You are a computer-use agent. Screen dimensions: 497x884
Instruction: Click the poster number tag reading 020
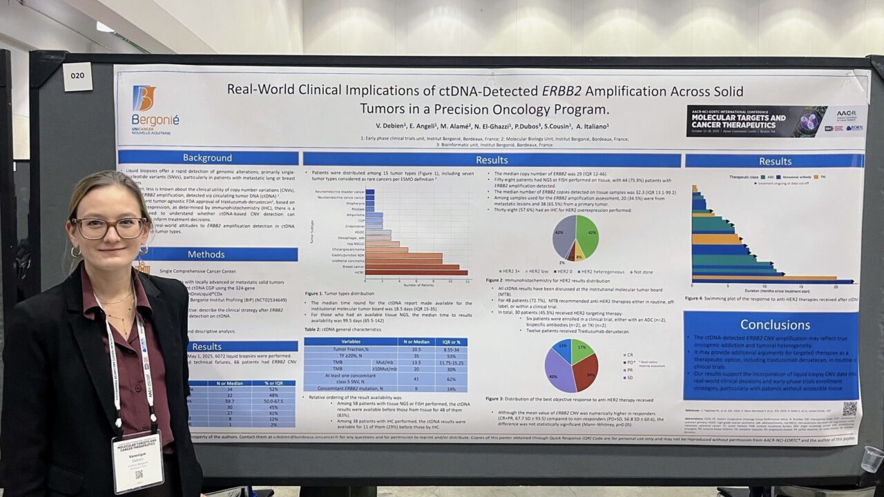pyautogui.click(x=77, y=77)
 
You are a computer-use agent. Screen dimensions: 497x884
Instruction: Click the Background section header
pyautogui.click(x=207, y=158)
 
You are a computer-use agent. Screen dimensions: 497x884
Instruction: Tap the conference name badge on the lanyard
pyautogui.click(x=137, y=460)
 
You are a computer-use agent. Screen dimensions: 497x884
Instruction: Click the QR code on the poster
pyautogui.click(x=849, y=409)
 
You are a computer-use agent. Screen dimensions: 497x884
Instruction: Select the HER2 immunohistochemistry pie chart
pyautogui.click(x=575, y=237)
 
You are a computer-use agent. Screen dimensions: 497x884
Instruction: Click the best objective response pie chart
pyautogui.click(x=571, y=366)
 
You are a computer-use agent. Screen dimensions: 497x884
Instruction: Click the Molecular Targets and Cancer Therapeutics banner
pyautogui.click(x=756, y=121)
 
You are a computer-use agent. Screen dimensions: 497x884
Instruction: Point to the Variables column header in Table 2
pyautogui.click(x=350, y=341)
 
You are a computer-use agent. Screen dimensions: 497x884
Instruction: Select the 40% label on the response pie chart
pyautogui.click(x=553, y=377)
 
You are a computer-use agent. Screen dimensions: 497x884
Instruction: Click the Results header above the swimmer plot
pyautogui.click(x=775, y=161)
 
